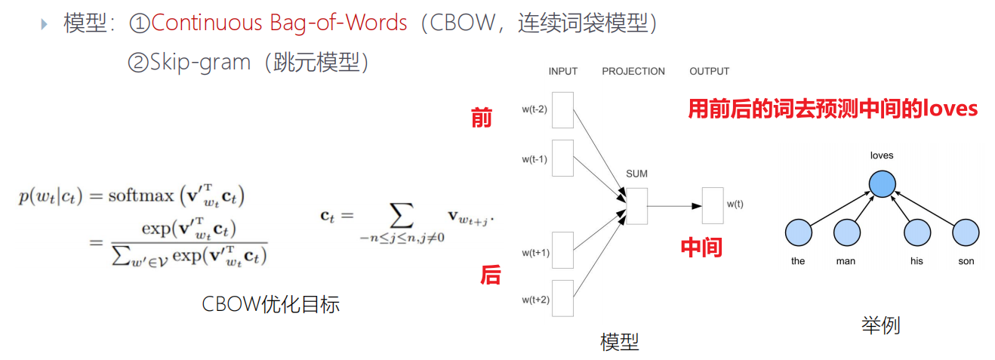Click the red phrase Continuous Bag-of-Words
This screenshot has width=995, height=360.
point(279,23)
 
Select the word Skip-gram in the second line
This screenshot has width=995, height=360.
point(200,62)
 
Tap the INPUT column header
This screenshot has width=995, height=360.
point(562,72)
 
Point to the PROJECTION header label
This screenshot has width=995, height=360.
point(633,72)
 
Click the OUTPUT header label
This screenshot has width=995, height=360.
point(709,72)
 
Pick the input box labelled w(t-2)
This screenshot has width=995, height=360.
point(562,110)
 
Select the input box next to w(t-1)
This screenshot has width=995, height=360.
point(562,158)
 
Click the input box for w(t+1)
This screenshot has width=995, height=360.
point(562,252)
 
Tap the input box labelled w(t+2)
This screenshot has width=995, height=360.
point(562,300)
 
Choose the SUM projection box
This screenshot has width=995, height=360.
point(636,205)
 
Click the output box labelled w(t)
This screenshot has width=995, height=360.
point(713,205)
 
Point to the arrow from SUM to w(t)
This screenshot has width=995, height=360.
point(674,205)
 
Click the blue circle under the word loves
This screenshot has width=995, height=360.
point(881,183)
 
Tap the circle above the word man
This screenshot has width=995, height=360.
point(846,233)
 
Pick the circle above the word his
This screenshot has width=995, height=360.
point(917,233)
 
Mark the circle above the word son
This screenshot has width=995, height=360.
point(966,233)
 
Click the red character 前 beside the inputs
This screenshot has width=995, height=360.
point(481,118)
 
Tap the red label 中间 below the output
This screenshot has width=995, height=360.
point(701,248)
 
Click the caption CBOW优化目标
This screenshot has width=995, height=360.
point(270,304)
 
